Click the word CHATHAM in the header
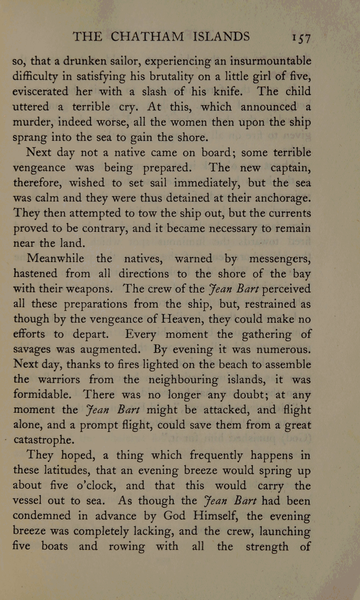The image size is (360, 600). coord(147,36)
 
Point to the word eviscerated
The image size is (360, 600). coord(40,92)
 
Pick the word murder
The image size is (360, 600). coord(33,122)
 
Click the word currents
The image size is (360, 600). coord(290,213)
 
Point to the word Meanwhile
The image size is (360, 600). coord(55,259)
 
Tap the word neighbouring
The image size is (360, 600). coord(183,380)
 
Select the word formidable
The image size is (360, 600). coord(41,395)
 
